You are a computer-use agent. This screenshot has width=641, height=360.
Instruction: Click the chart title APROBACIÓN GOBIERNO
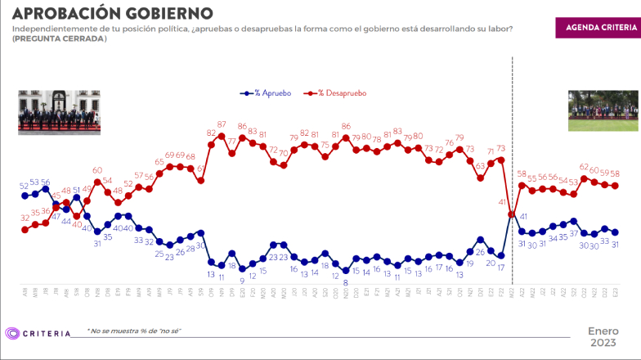(x=114, y=13)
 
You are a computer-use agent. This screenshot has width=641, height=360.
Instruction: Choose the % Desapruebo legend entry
(x=334, y=93)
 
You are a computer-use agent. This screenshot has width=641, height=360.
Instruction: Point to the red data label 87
(x=222, y=125)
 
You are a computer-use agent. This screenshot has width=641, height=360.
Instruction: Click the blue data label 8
(x=346, y=281)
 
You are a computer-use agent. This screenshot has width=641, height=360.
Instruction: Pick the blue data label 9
(x=242, y=280)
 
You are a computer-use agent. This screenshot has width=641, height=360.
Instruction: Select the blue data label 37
(x=574, y=233)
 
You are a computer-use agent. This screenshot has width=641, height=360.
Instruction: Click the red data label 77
(x=231, y=142)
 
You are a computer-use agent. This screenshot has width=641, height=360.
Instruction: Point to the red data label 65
(x=159, y=162)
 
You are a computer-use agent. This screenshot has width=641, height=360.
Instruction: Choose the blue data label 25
(x=159, y=254)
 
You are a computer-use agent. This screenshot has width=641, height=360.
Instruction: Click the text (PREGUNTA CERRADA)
(x=59, y=39)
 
